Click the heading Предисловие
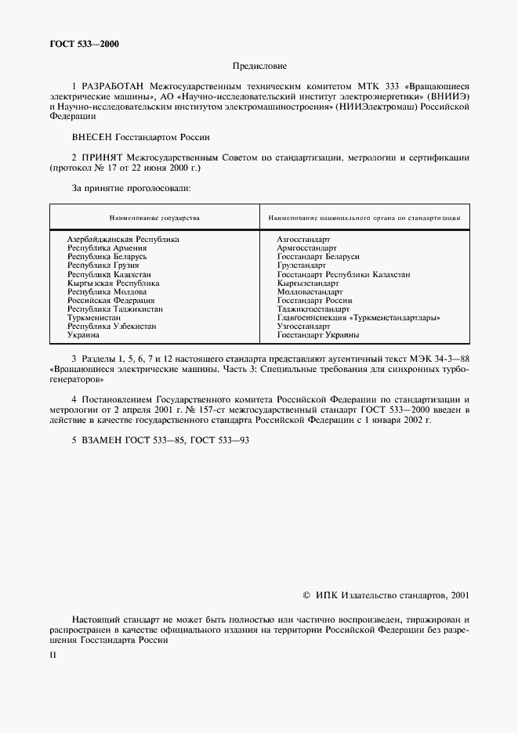(x=259, y=68)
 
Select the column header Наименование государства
(x=154, y=217)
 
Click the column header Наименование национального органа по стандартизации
(x=364, y=217)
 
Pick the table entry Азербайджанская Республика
(x=123, y=239)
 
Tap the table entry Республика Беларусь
(x=107, y=257)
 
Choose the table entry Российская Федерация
(x=110, y=300)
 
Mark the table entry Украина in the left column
(x=83, y=335)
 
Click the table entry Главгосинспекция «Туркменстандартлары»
(x=358, y=318)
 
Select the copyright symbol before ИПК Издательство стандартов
(x=307, y=595)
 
